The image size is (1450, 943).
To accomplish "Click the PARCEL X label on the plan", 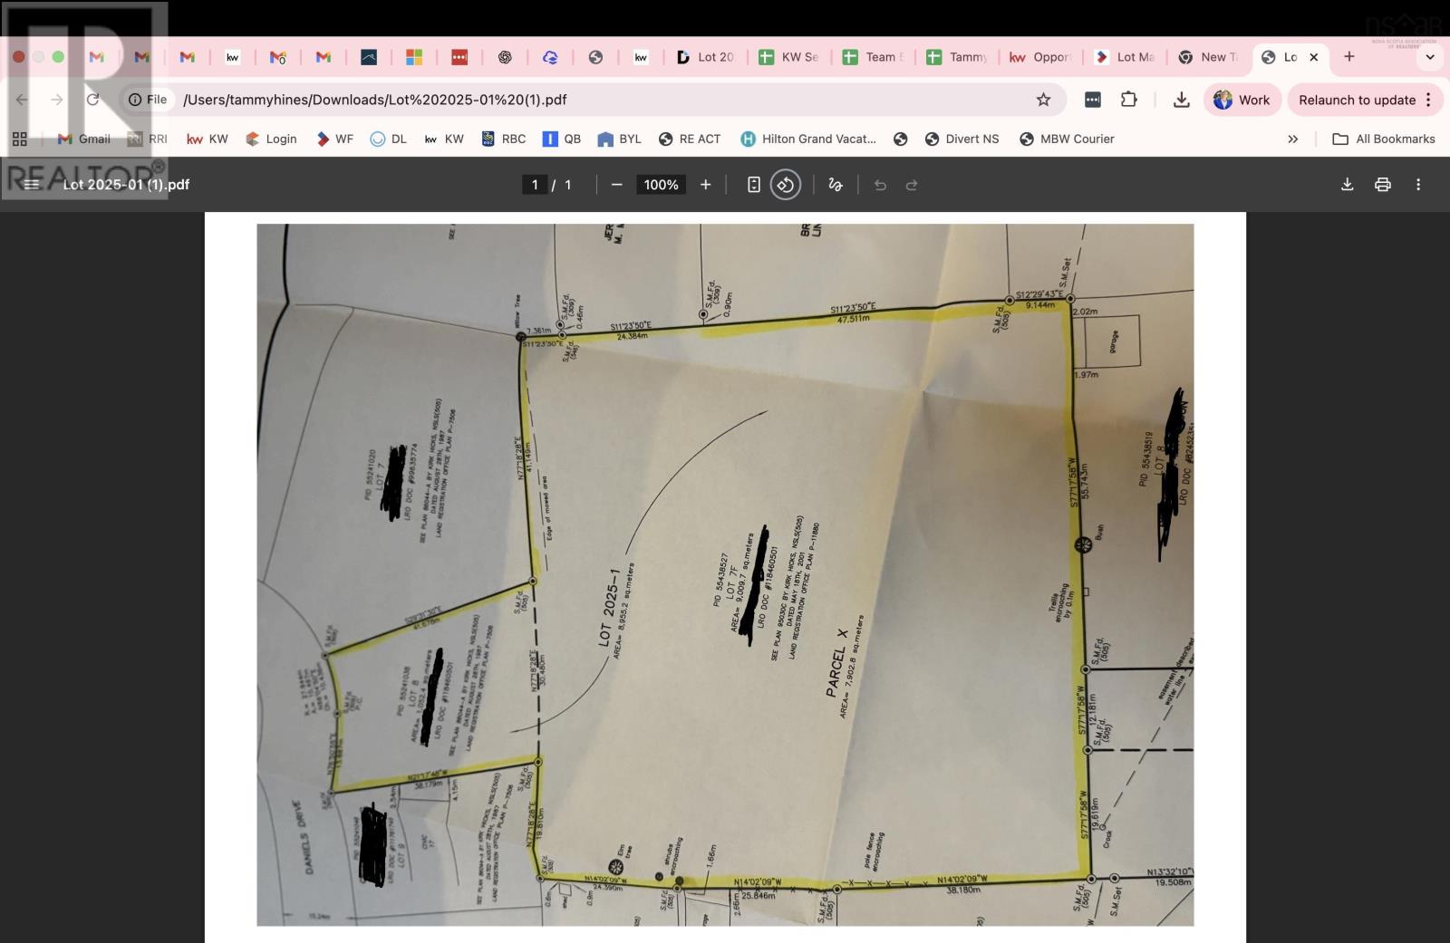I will [836, 662].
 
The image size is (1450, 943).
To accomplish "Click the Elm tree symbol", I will [616, 867].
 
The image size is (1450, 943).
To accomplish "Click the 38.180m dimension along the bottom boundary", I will [962, 890].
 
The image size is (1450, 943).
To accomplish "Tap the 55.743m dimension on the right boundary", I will [1084, 481].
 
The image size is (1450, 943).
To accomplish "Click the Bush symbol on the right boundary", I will [1082, 544].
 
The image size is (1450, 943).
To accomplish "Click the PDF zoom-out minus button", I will [616, 185].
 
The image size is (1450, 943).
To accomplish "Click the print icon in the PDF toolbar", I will [1382, 185].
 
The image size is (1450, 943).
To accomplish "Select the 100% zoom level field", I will [661, 185].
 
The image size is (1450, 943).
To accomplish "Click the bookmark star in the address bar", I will [1043, 100].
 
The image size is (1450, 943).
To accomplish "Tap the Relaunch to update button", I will [1357, 100].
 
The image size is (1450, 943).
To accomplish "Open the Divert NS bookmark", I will [962, 139].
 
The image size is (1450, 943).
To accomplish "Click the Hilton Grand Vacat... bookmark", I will [808, 139].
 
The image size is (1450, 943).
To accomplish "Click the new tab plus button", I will [1348, 57].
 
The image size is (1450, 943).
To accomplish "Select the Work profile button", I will [1242, 100].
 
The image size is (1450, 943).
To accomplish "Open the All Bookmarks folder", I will [1384, 139].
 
